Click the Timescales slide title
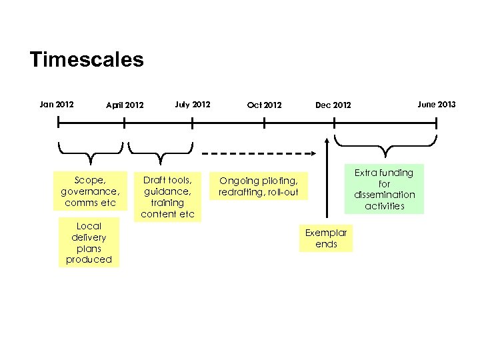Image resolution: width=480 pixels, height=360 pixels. coord(87,60)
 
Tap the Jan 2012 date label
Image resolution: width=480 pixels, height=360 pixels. coord(57,104)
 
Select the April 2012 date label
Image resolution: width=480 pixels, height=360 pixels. coord(125,105)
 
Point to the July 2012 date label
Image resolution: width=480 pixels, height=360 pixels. coord(192,104)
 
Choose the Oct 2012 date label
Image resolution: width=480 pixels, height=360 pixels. coord(264,105)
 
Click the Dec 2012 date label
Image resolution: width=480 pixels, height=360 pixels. coord(333,105)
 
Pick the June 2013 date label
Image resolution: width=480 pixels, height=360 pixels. coord(437,104)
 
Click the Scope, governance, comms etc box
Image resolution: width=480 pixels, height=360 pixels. coord(90,191)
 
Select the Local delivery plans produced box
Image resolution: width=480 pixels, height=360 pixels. coord(89,242)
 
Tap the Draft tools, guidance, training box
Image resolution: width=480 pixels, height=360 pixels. coord(167,196)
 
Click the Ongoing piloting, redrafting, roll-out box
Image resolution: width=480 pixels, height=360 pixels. coord(258,186)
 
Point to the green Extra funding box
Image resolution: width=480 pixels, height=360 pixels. coord(384,189)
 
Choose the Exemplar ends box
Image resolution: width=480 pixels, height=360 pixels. coord(326,238)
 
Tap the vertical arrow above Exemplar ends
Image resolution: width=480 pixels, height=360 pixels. coord(327,180)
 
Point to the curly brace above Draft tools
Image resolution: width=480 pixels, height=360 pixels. coord(160,151)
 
